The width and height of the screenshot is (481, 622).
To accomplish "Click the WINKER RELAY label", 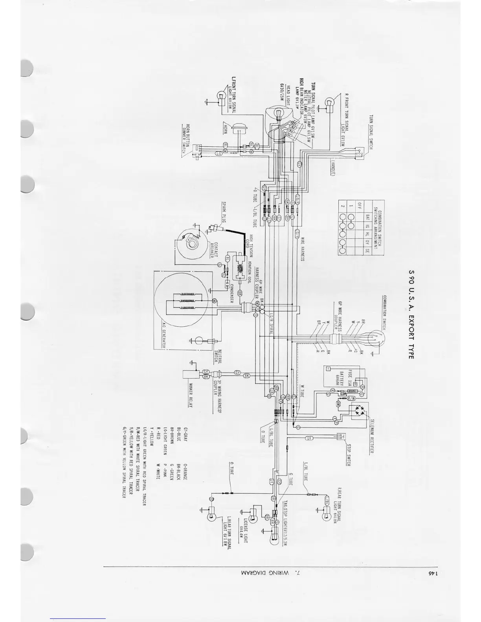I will coord(191,395).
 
